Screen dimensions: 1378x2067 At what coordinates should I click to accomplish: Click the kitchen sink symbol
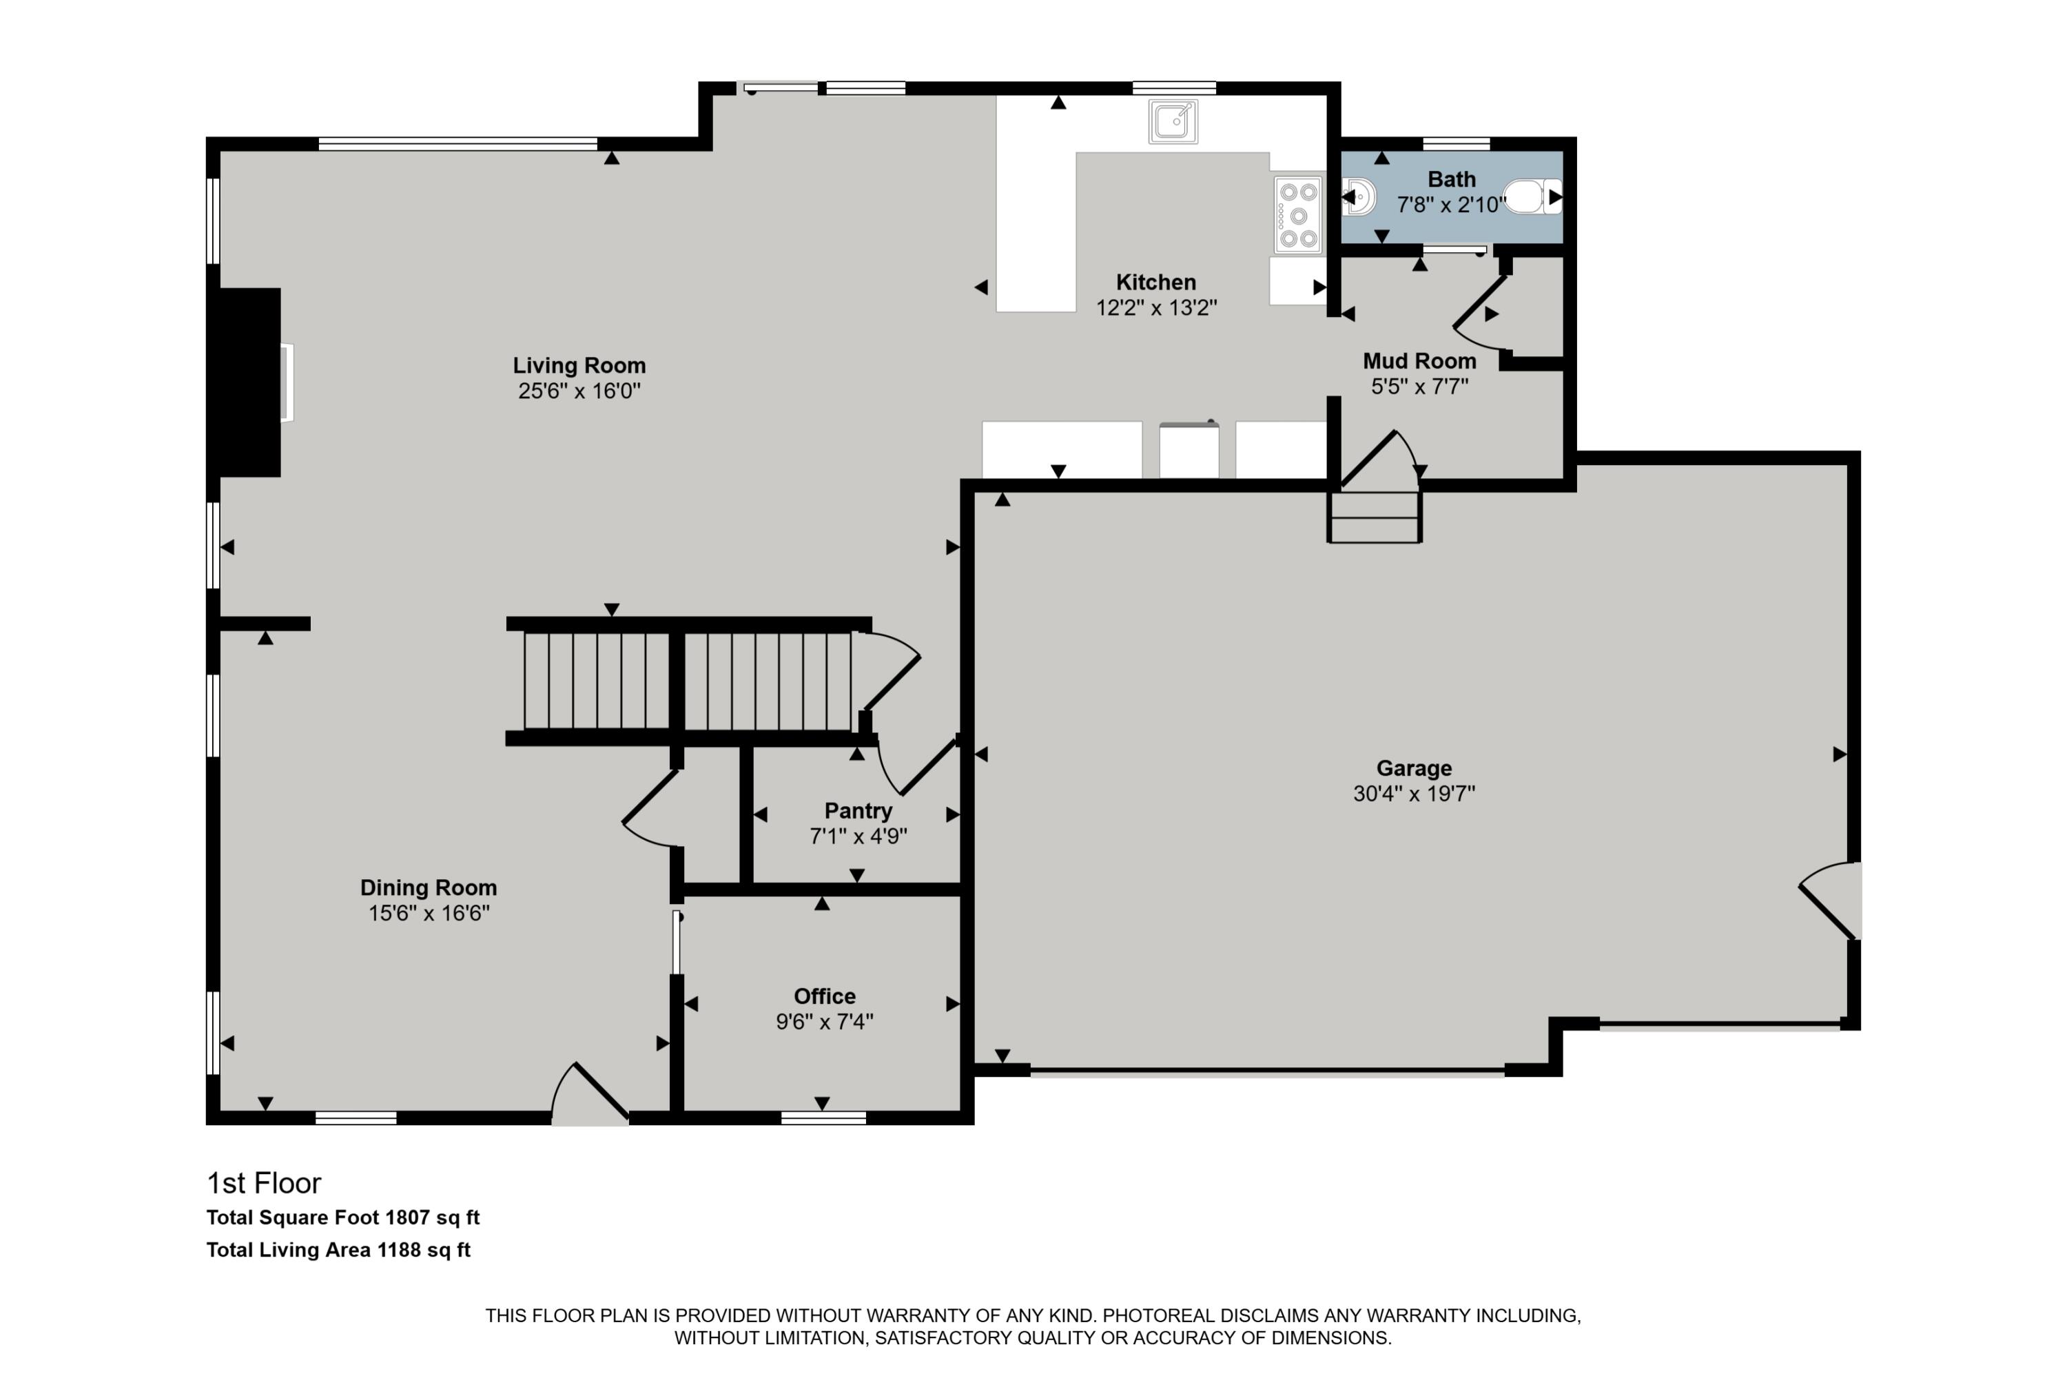point(1173,121)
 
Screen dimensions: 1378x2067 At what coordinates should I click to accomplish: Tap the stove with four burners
point(1298,215)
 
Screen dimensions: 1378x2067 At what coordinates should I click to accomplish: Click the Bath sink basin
point(1359,197)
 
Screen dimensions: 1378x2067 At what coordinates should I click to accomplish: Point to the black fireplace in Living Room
point(249,382)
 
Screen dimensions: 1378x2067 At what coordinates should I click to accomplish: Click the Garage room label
point(1413,768)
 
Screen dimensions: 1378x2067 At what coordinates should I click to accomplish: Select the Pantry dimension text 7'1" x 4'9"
point(858,836)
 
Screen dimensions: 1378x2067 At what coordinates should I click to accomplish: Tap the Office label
point(823,996)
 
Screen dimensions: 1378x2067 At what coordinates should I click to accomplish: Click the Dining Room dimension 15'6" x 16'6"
point(428,913)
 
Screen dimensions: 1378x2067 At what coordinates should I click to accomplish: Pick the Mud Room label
point(1419,361)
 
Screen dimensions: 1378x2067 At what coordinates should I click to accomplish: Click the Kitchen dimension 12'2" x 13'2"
point(1155,307)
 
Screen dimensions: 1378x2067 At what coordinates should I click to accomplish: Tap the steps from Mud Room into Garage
point(1374,519)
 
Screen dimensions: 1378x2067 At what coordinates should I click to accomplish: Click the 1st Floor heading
point(264,1183)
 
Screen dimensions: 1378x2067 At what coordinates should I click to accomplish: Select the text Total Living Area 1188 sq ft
point(338,1250)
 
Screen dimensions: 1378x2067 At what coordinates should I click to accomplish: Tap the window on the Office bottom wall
point(823,1118)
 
